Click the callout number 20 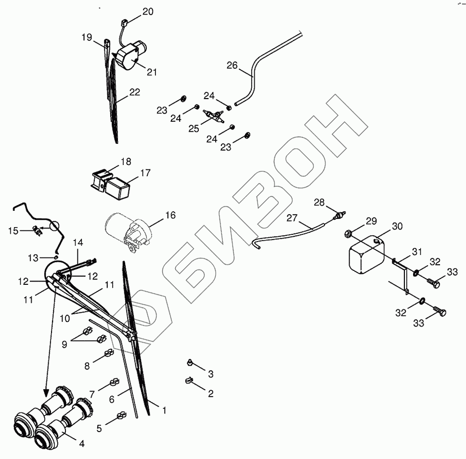point(148,12)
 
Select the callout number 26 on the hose point(232,65)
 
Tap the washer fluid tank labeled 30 point(365,252)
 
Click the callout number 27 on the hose point(292,218)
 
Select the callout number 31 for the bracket point(416,252)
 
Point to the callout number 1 point(164,410)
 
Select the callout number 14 point(78,243)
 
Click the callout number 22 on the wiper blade point(135,92)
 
